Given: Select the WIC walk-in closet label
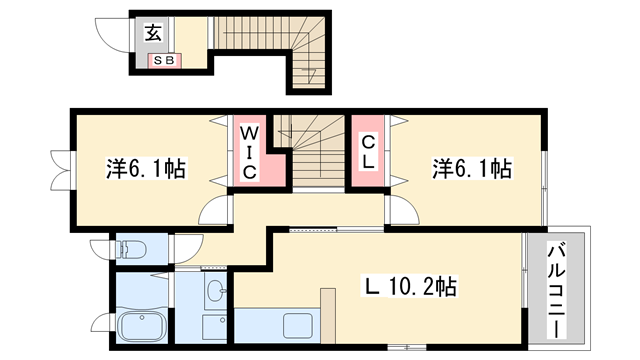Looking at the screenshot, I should tap(250, 152).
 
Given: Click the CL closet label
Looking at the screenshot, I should tap(368, 152).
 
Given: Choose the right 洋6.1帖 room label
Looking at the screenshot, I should tap(472, 167).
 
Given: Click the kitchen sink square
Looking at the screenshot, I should tap(299, 326).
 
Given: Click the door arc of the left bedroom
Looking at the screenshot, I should tap(213, 210).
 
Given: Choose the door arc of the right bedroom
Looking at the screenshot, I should tap(404, 211).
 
